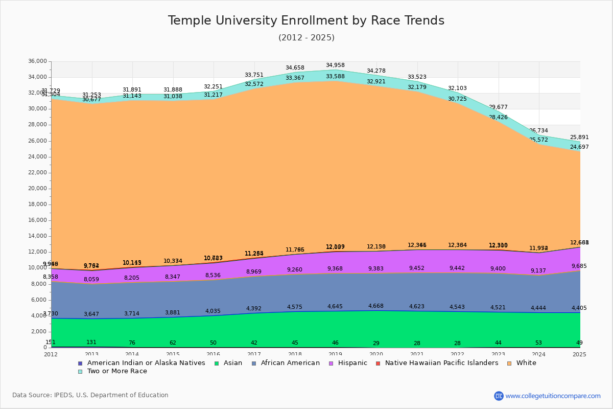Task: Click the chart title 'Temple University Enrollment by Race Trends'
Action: [x=306, y=20]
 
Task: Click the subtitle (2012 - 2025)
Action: [x=306, y=38]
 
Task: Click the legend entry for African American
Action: [x=289, y=363]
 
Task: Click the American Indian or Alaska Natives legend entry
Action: [x=146, y=363]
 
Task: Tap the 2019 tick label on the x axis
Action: [x=335, y=354]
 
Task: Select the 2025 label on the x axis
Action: [x=579, y=354]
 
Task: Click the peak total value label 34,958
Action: [x=335, y=65]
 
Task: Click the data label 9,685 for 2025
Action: [x=579, y=266]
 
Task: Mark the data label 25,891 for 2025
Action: [x=579, y=138]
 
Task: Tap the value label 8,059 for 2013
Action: [x=92, y=280]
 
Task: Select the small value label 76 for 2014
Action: [x=132, y=343]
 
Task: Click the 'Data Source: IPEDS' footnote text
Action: [x=90, y=395]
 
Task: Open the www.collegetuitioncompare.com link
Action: [x=553, y=396]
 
